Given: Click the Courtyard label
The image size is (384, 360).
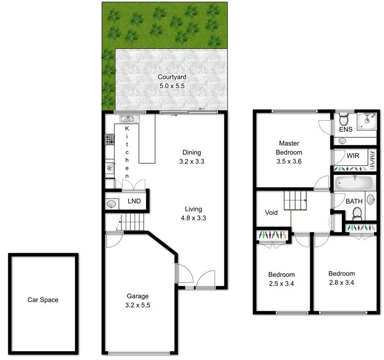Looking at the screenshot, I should pyautogui.click(x=171, y=77).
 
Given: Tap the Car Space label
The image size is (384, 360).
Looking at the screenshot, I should pyautogui.click(x=43, y=300).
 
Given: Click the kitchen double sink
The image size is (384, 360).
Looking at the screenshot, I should pyautogui.click(x=130, y=119).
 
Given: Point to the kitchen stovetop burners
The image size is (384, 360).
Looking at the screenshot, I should pyautogui.click(x=109, y=140).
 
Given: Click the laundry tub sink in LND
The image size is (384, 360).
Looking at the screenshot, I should pyautogui.click(x=111, y=204).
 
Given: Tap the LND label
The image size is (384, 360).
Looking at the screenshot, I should pyautogui.click(x=134, y=201).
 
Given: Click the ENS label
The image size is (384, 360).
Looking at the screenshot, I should pyautogui.click(x=346, y=129).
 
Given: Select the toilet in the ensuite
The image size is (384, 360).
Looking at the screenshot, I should pyautogui.click(x=344, y=119).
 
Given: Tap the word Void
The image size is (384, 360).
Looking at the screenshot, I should pyautogui.click(x=271, y=212).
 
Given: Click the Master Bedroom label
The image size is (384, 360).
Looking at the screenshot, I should pyautogui.click(x=289, y=148).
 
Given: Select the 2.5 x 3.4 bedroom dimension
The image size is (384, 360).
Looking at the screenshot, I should pyautogui.click(x=281, y=283).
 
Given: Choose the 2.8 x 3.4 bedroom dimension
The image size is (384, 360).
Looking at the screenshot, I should pyautogui.click(x=342, y=282).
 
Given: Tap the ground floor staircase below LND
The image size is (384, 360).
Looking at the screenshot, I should pyautogui.click(x=133, y=222).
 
